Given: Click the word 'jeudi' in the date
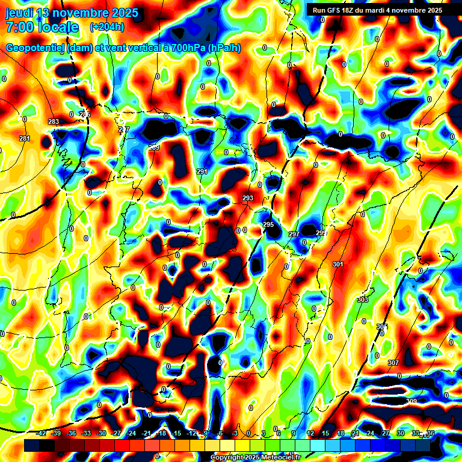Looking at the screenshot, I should click(x=20, y=13).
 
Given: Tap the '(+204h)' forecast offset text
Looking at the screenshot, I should click(x=106, y=26).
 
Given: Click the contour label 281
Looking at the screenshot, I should click(x=25, y=139).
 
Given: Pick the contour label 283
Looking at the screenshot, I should click(x=54, y=122).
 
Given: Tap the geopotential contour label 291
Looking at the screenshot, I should click(x=202, y=172).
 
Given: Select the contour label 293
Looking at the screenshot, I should click(x=248, y=198).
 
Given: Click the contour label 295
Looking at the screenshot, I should click(x=268, y=224).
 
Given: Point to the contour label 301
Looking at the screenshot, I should click(x=337, y=264).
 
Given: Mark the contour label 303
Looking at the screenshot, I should click(x=363, y=300).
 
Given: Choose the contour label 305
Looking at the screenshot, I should click(x=382, y=327).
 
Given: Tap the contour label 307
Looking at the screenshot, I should click(x=393, y=363).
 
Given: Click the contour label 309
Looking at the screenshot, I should click(x=411, y=401).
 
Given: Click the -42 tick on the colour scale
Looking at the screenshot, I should click(x=42, y=434).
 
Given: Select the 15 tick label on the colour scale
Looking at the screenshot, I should click(x=325, y=434).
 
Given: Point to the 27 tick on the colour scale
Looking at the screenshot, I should click(x=386, y=434).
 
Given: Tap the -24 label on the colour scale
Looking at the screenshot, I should click(x=132, y=434).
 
